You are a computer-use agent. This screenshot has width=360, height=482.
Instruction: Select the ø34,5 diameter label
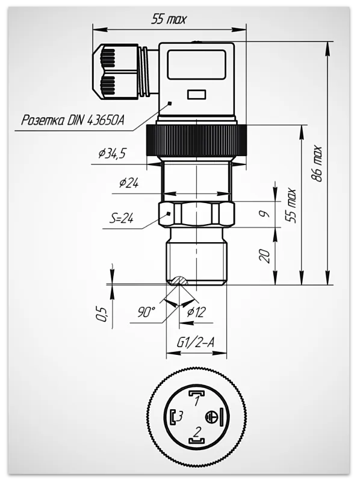point(112,154)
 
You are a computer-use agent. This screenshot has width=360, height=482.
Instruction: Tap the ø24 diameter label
point(129,183)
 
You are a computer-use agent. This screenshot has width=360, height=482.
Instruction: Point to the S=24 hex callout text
point(122,219)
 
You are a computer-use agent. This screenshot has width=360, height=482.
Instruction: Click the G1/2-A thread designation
point(196,342)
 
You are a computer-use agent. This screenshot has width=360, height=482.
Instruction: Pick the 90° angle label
point(146,313)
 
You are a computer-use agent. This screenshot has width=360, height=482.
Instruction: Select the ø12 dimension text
point(196,312)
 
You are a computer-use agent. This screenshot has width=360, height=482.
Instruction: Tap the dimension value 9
point(264,214)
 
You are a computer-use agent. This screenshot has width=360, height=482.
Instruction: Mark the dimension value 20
point(264,255)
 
